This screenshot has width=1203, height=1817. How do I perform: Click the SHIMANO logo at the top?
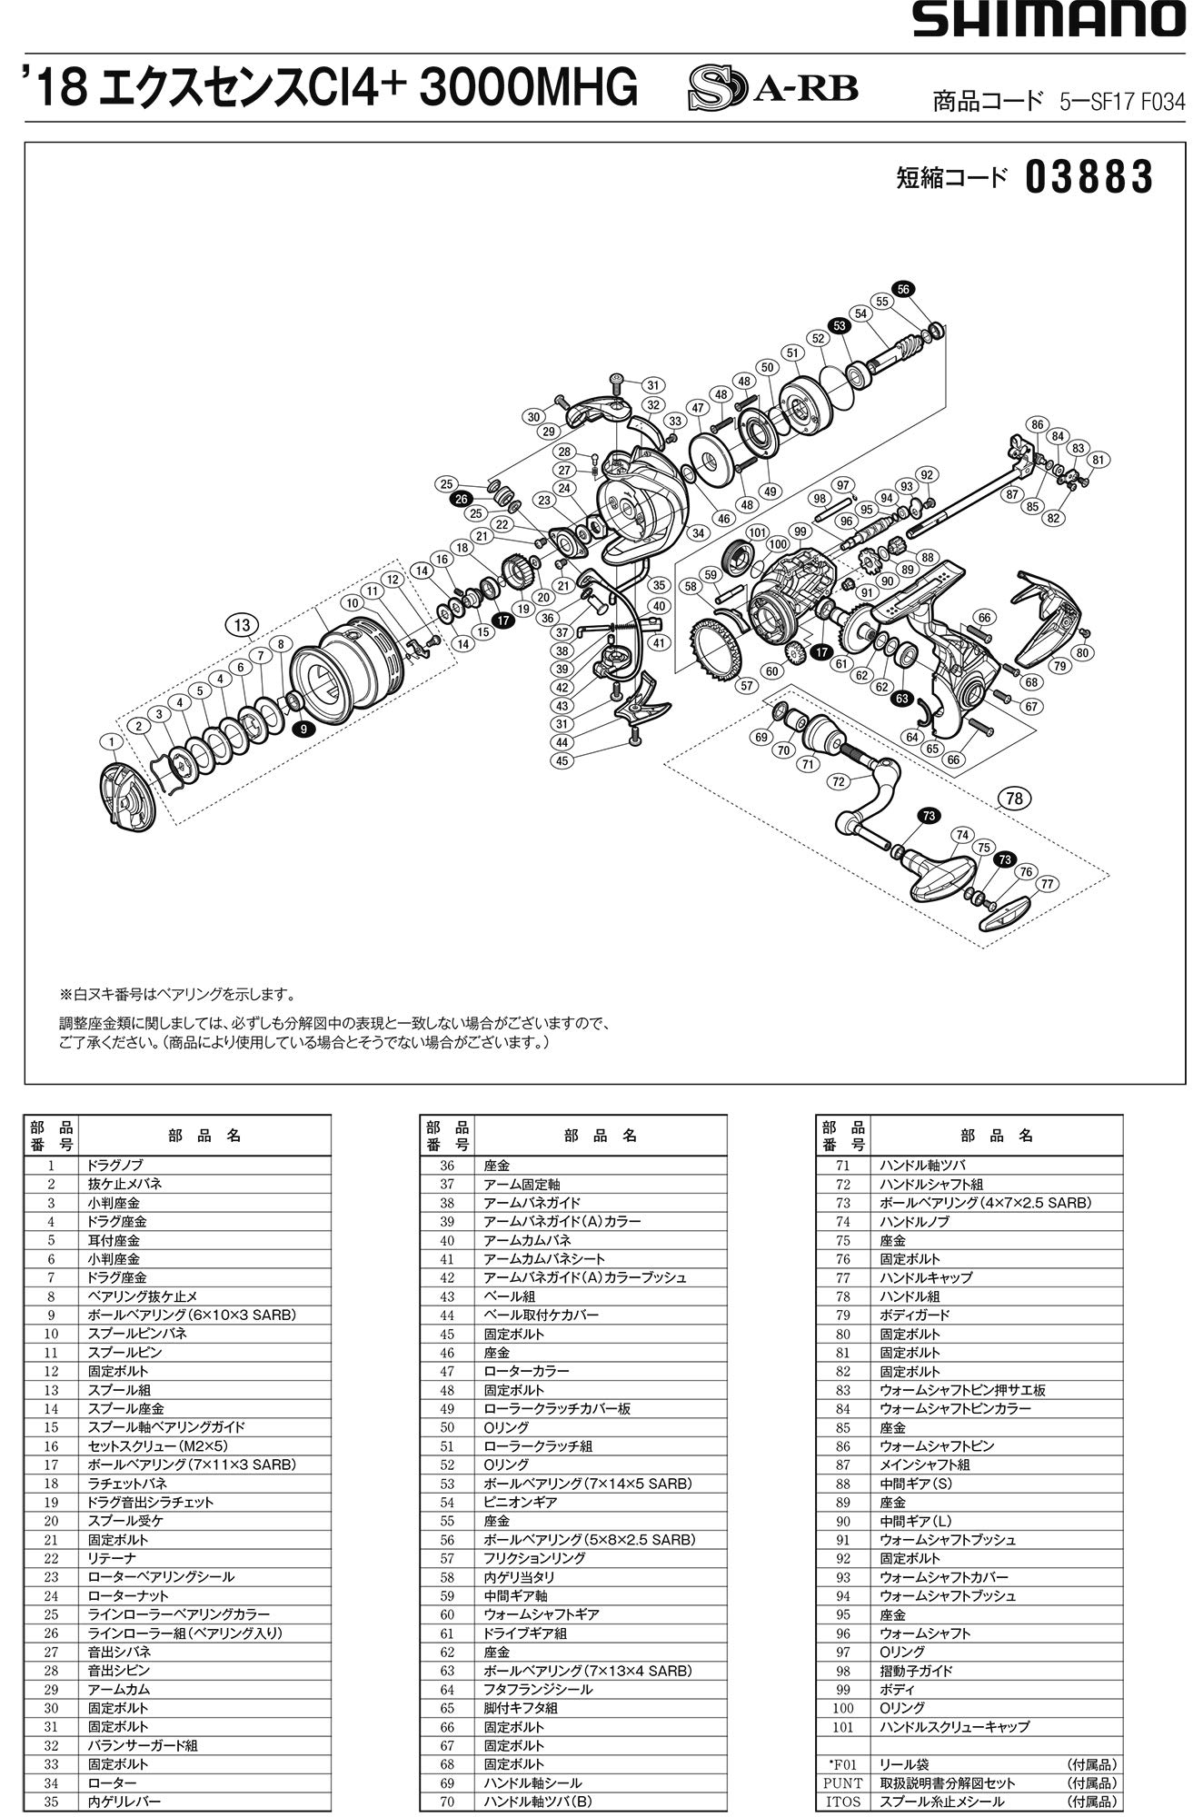(x=1049, y=19)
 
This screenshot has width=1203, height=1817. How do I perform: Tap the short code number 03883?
(x=1089, y=179)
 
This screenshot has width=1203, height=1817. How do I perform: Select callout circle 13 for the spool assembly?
(x=241, y=625)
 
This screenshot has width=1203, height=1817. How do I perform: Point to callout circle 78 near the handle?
(x=1014, y=799)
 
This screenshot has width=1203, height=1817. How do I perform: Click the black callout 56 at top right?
(x=902, y=289)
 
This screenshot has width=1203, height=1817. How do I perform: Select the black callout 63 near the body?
(x=901, y=699)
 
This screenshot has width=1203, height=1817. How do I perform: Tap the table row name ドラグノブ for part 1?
(x=114, y=1165)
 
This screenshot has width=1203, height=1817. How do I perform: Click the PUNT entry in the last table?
(x=842, y=1782)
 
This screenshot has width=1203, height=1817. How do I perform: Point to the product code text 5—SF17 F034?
(x=1121, y=102)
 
